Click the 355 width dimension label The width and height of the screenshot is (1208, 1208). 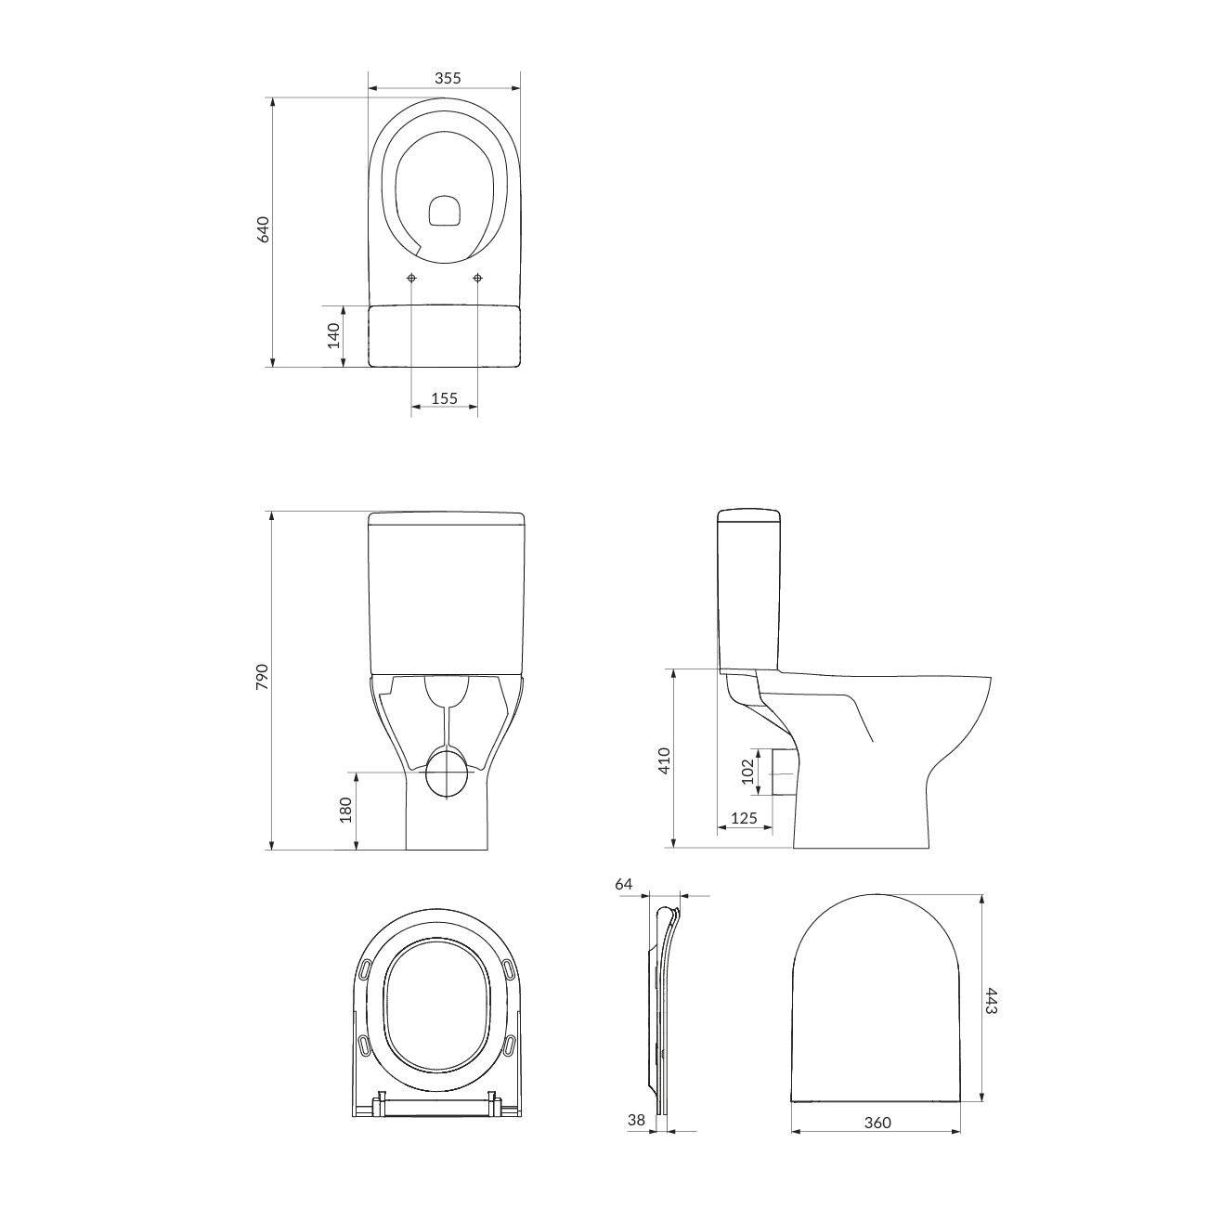[x=448, y=78]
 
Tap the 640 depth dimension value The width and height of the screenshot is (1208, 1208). [x=263, y=229]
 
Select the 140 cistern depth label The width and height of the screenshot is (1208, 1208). [x=333, y=335]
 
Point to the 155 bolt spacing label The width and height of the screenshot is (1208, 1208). [x=445, y=398]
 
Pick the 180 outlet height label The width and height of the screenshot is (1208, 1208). [x=345, y=810]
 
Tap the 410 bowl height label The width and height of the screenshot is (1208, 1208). [x=665, y=760]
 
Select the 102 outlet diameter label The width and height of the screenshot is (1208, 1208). [x=747, y=772]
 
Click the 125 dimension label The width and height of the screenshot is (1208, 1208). [x=744, y=818]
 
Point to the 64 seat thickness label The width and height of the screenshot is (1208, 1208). [x=624, y=885]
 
